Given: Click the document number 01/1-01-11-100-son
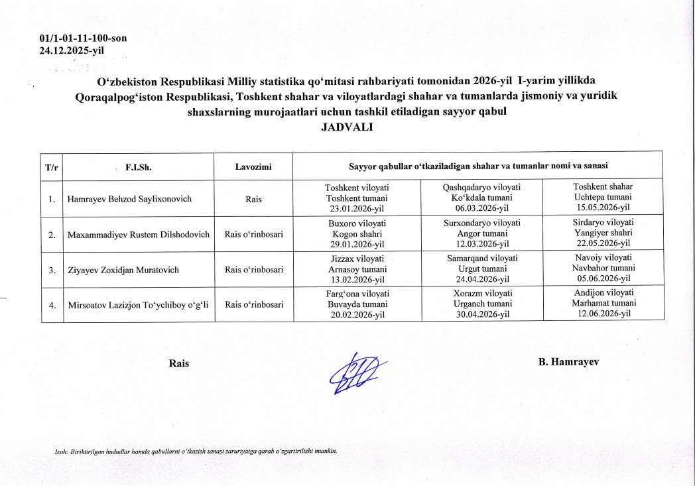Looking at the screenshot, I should click(x=83, y=38).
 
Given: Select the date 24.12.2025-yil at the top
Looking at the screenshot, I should click(x=72, y=49).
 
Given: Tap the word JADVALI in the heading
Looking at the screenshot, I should click(x=347, y=127).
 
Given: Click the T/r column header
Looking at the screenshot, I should click(x=52, y=167).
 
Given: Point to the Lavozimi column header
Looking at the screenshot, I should click(x=253, y=166).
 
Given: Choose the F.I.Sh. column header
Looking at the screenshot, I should click(x=139, y=167).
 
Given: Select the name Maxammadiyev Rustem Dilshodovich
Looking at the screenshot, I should click(x=139, y=234).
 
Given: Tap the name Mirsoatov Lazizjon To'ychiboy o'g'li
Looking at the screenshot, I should click(x=138, y=305).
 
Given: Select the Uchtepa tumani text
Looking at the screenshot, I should click(x=603, y=198).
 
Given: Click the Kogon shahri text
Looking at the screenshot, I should click(x=357, y=234).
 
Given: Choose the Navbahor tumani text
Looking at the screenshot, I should click(x=603, y=269).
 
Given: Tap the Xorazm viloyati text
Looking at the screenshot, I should click(x=481, y=294).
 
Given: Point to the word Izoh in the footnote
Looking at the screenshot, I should click(x=62, y=452).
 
